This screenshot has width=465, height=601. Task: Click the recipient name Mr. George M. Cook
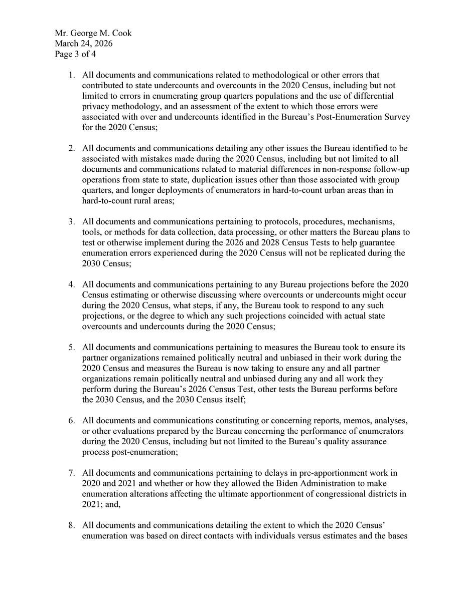(x=93, y=34)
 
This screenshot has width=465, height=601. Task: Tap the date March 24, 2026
(x=84, y=44)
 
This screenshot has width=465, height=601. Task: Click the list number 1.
(x=72, y=75)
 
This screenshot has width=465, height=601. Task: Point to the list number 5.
(x=72, y=347)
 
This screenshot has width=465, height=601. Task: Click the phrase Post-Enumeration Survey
(x=367, y=117)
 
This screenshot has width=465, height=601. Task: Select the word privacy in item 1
(x=94, y=107)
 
